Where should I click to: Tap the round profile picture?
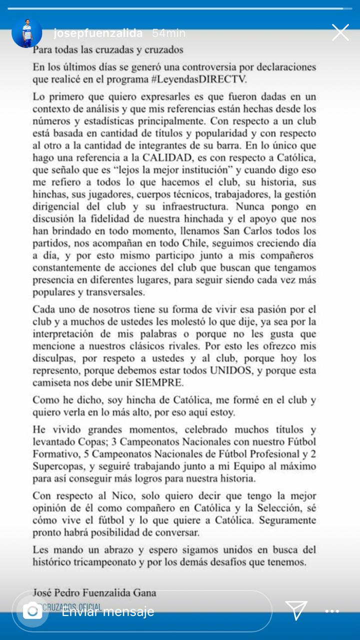click(27, 33)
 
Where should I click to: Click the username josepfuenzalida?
click(98, 33)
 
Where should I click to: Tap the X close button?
click(340, 32)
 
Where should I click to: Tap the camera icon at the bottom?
click(33, 610)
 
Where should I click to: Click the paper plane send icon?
click(296, 610)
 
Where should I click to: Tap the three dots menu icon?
click(332, 611)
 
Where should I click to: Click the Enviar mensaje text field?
click(150, 611)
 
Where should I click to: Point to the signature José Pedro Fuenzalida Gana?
click(94, 593)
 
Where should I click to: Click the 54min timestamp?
click(168, 33)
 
